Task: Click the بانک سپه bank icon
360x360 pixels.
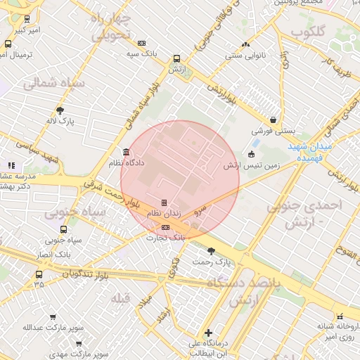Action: (142, 43)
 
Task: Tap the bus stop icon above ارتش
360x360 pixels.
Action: (176, 60)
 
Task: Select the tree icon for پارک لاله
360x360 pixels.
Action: (60, 110)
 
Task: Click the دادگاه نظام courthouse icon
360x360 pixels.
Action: (126, 153)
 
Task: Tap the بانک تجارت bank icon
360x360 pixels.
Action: (165, 227)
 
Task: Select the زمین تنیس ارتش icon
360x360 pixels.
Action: (252, 155)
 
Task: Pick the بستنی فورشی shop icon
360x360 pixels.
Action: (273, 120)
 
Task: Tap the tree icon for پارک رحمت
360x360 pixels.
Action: (212, 251)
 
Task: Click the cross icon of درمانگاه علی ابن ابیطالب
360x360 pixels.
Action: (208, 333)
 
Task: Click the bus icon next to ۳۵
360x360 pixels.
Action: (39, 275)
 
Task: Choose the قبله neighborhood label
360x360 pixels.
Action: (121, 299)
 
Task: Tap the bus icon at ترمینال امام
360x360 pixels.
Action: (8, 44)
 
